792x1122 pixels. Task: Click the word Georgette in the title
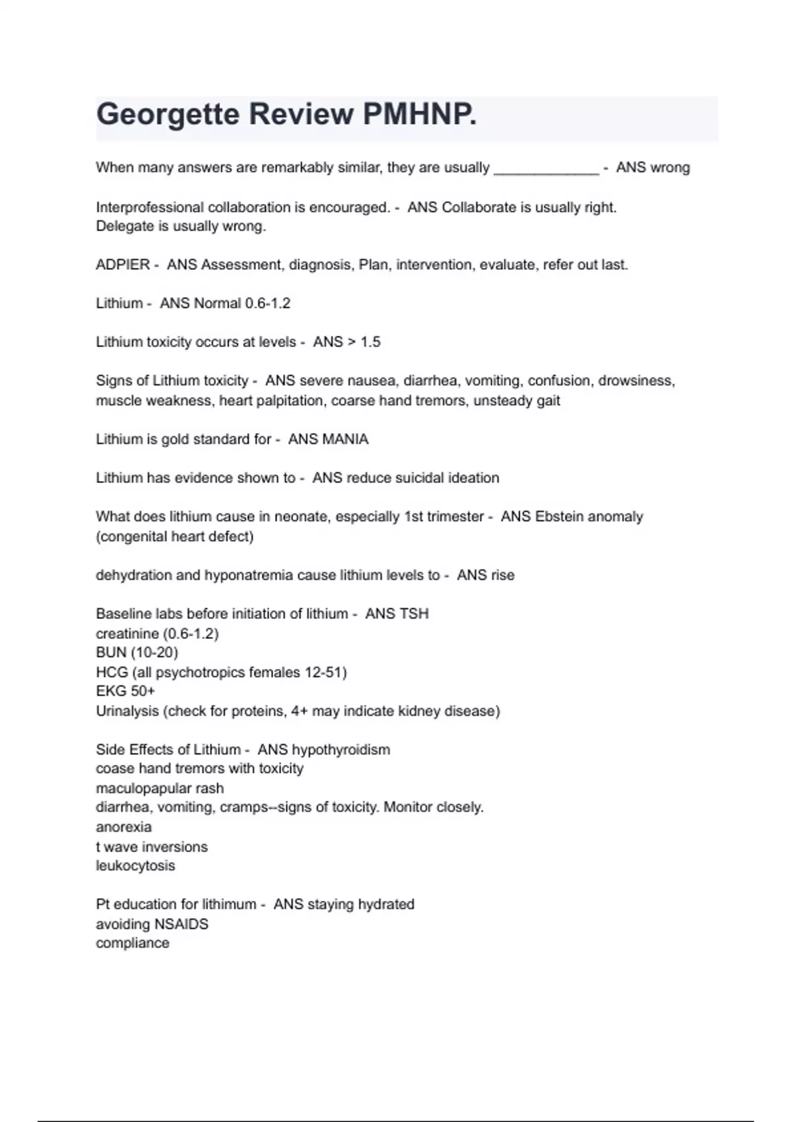point(167,115)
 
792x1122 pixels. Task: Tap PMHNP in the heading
point(419,115)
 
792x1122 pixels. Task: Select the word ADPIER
point(123,265)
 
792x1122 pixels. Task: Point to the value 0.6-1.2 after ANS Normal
point(267,304)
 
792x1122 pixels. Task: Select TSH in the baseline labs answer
point(413,614)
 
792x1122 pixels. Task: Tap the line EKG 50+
point(125,692)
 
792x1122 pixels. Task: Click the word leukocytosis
point(135,866)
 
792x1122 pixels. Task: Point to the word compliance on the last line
point(133,943)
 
